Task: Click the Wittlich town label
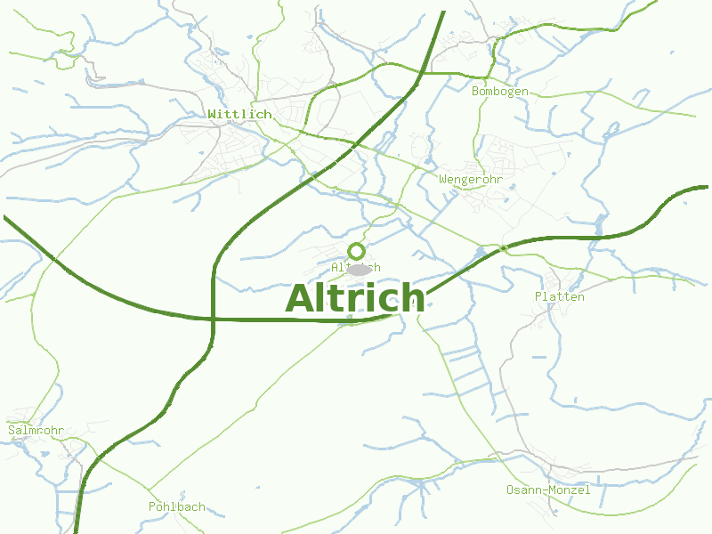click(x=239, y=115)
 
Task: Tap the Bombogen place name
click(x=499, y=92)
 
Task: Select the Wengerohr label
click(x=471, y=180)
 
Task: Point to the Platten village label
click(x=559, y=296)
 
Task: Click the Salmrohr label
click(x=36, y=431)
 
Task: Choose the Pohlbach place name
click(x=176, y=506)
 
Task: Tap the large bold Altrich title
click(x=355, y=298)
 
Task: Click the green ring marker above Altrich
click(x=356, y=251)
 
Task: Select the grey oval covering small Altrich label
click(x=359, y=269)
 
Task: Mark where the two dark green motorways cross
click(x=214, y=318)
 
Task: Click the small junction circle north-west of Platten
click(x=504, y=247)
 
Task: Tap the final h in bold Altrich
click(x=411, y=298)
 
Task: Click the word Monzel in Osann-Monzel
click(x=570, y=490)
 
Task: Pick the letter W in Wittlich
click(x=213, y=115)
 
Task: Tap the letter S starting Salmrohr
click(x=12, y=431)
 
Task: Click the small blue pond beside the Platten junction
click(x=481, y=253)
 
